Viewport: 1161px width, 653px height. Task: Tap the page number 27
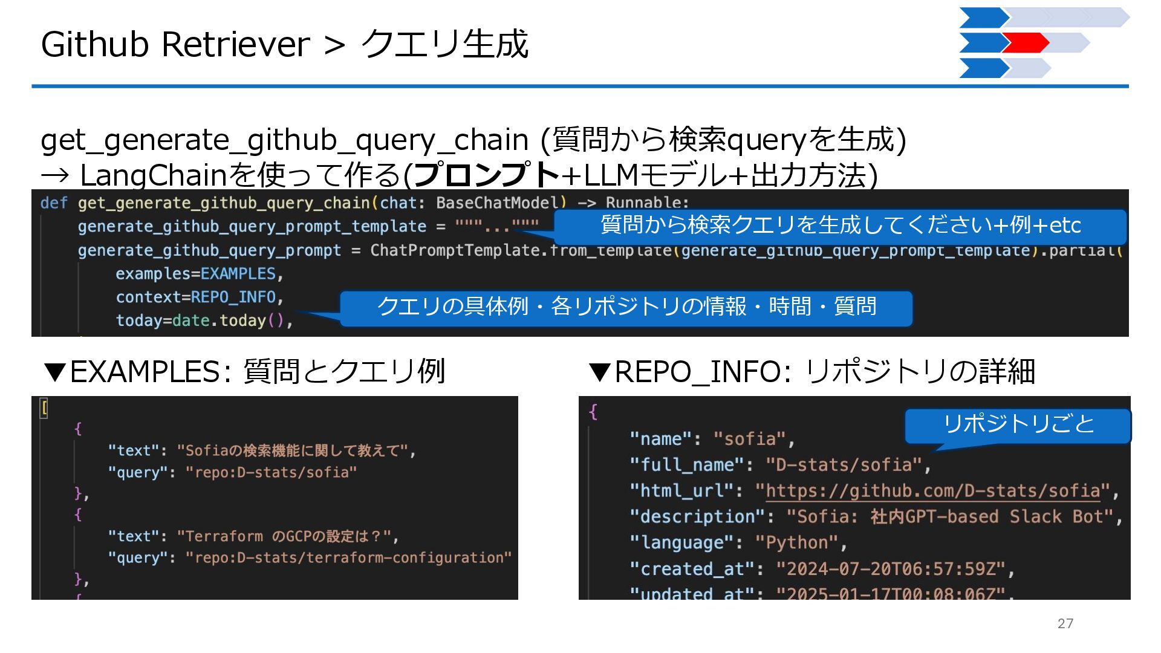[x=1065, y=623]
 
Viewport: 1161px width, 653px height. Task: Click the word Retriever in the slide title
[x=235, y=44]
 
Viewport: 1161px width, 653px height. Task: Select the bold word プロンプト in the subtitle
[x=487, y=175]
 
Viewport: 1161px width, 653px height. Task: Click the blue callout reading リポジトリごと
[x=1018, y=424]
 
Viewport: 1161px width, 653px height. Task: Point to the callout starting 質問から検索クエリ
[x=840, y=226]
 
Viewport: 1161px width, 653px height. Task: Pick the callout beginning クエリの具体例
[x=626, y=307]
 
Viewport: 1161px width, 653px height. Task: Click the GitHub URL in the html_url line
[x=932, y=490]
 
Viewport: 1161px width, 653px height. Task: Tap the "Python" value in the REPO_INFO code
[x=797, y=542]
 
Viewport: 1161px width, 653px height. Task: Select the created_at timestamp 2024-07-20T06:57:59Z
[x=890, y=569]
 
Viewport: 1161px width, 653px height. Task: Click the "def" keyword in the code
[x=53, y=203]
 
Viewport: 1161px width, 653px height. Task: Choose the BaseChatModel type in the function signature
[x=498, y=203]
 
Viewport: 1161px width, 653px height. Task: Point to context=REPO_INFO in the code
[x=199, y=297]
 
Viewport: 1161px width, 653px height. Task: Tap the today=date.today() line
[x=204, y=320]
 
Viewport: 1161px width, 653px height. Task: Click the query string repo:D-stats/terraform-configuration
[x=348, y=557]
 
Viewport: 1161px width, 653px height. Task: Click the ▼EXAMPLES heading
[x=244, y=371]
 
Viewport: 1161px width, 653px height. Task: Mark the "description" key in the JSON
[x=698, y=517]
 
